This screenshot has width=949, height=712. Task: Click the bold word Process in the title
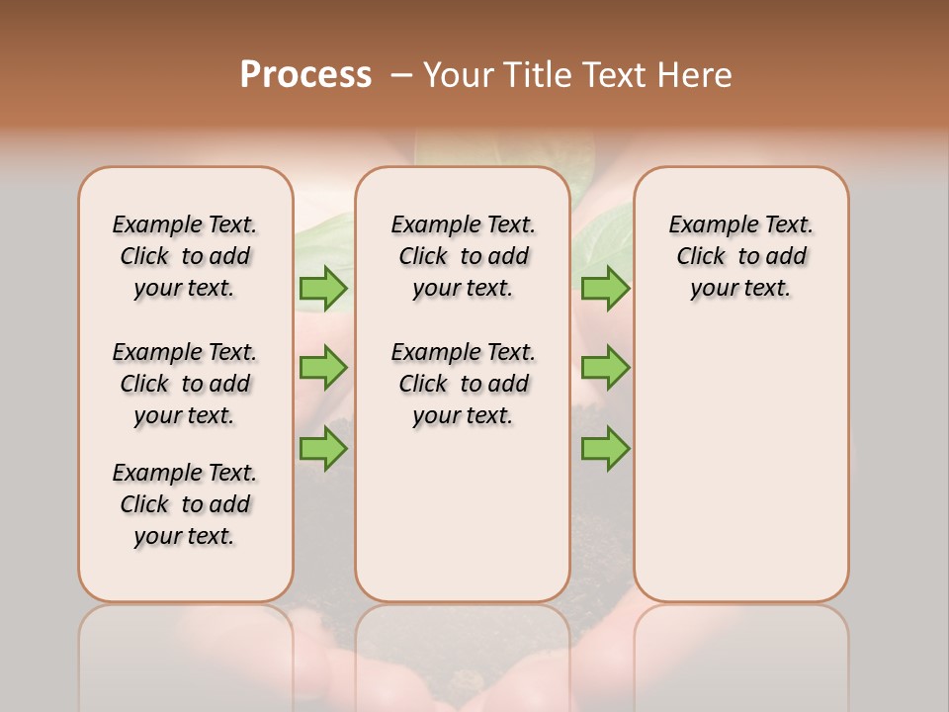point(305,74)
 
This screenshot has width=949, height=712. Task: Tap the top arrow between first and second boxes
point(323,288)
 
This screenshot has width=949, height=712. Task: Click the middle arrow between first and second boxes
point(323,368)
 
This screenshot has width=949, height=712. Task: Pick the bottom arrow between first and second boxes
point(323,449)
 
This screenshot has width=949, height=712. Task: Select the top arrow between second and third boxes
point(605,288)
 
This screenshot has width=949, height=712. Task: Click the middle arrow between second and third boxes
point(605,368)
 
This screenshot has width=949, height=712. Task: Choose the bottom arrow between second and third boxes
point(605,449)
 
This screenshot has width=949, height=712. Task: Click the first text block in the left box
point(185,256)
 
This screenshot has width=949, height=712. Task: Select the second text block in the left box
point(185,384)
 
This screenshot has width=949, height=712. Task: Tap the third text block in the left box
point(185,504)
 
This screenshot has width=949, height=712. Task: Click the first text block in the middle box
point(463,256)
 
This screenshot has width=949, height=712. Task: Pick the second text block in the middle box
point(463,384)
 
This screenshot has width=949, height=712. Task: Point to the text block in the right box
point(740,256)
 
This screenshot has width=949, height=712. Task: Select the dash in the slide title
point(401,74)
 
